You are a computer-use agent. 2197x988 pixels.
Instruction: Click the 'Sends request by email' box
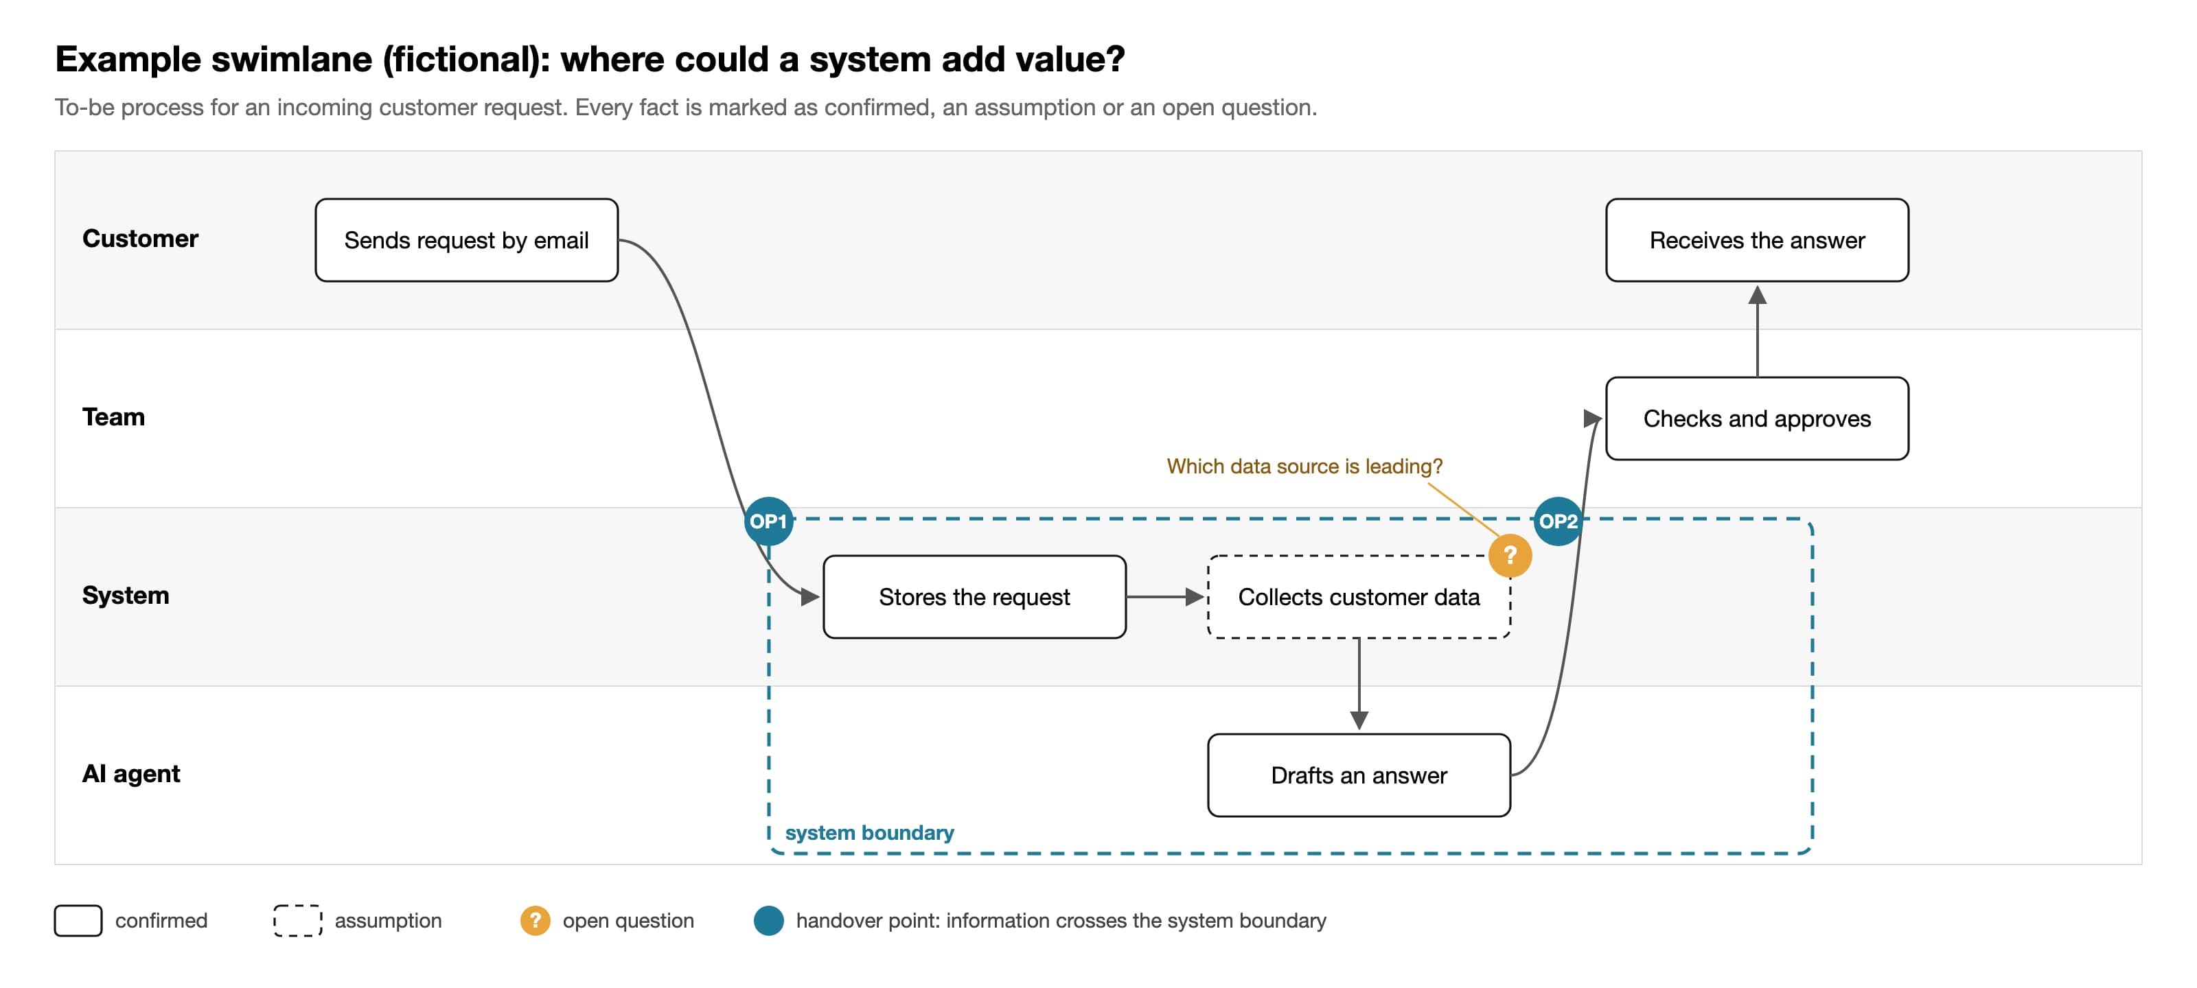467,239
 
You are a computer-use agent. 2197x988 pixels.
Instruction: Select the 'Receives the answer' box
1757,239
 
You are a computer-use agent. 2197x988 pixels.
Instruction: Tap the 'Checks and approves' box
1757,419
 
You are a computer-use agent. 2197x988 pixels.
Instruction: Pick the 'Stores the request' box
974,597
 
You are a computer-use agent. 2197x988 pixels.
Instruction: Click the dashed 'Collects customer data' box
1359,597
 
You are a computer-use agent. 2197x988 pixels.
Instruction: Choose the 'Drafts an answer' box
1359,775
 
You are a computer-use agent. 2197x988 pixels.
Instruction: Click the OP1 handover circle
768,521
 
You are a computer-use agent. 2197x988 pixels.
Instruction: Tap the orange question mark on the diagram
1510,555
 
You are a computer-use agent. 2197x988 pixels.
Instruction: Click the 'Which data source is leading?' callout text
1304,467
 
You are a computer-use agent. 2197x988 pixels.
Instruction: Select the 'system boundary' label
869,832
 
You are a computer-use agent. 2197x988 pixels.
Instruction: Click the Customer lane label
140,239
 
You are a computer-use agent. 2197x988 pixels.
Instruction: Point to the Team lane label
113,417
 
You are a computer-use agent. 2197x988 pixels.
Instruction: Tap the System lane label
126,595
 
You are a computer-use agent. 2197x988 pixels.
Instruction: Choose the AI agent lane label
130,773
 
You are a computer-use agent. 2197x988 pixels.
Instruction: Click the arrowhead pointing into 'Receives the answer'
1757,294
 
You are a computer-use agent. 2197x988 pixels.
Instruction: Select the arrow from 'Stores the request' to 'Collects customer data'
1165,597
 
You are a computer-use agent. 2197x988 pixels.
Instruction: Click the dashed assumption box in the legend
298,921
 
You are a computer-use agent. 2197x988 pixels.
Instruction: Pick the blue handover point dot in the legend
768,921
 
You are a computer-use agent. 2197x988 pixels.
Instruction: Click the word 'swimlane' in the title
292,60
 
